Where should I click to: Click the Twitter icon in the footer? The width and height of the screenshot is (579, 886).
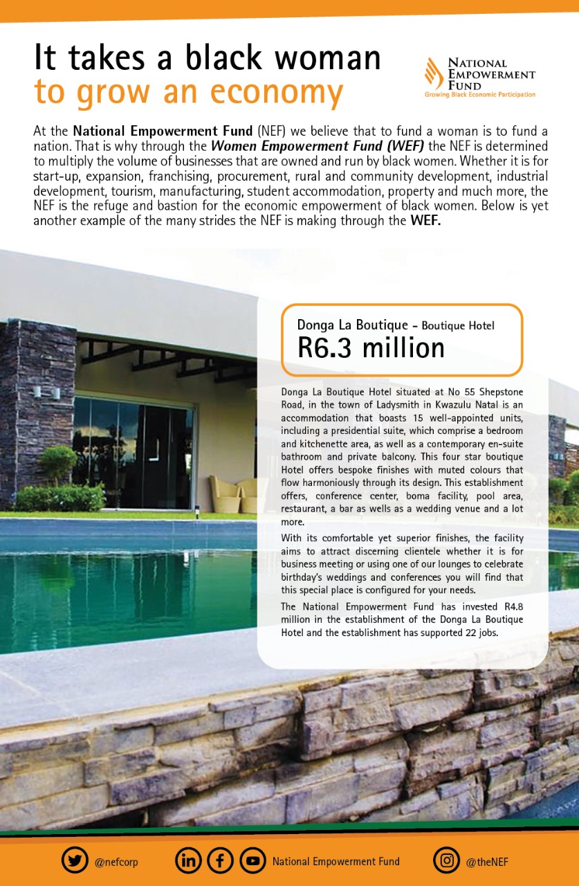click(x=75, y=861)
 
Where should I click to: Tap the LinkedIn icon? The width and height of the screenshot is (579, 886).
click(x=189, y=861)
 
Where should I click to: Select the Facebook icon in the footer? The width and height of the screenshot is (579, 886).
click(x=221, y=861)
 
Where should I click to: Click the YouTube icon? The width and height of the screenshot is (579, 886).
click(x=252, y=861)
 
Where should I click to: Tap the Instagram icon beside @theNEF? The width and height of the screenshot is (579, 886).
click(x=447, y=861)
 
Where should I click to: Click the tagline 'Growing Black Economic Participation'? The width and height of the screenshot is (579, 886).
click(x=479, y=95)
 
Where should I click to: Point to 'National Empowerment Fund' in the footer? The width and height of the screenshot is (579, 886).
click(x=336, y=862)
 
